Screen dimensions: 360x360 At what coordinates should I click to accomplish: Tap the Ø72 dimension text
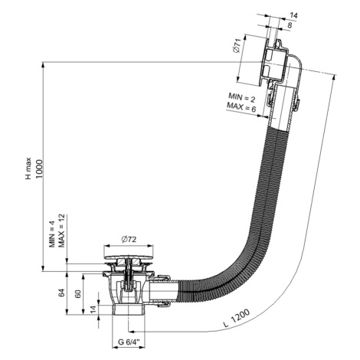click(129, 240)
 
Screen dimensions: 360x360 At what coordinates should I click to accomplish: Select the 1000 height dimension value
click(38, 169)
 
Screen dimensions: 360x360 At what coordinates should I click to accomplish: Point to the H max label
click(28, 169)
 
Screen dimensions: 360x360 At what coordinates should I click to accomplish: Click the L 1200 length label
click(237, 318)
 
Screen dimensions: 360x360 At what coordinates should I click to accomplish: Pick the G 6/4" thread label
click(129, 342)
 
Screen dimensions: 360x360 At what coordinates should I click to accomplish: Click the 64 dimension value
click(61, 293)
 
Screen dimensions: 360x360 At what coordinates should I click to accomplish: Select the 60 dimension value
click(78, 293)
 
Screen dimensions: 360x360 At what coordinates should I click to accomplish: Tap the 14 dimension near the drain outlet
click(93, 309)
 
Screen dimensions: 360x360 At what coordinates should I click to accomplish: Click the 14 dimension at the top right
click(293, 15)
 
